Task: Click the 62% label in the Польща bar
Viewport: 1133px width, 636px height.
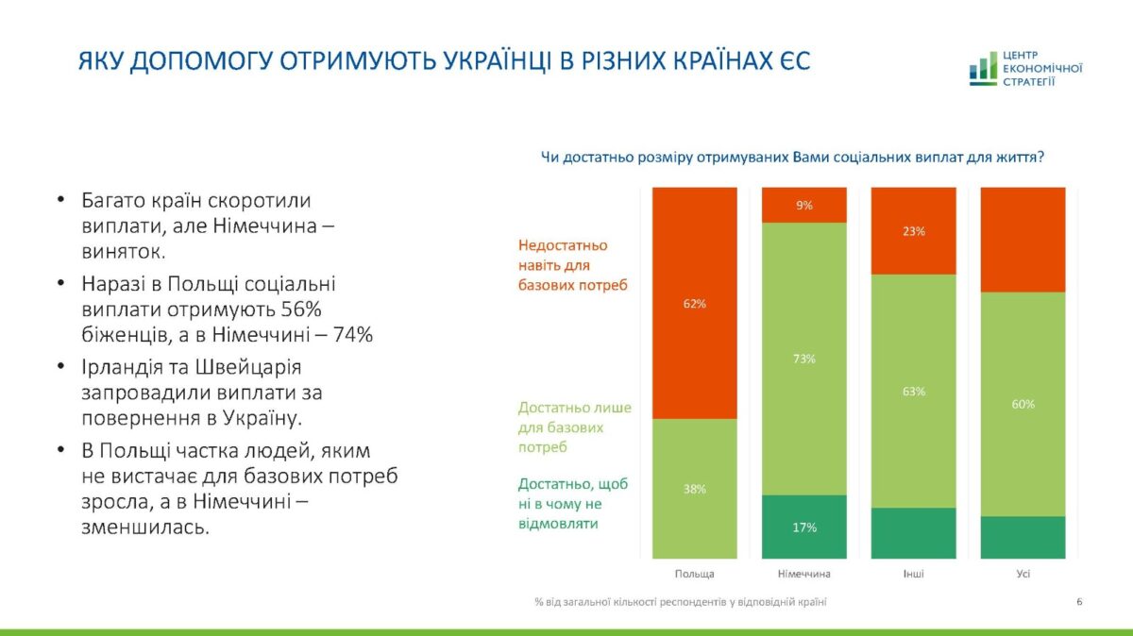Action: coord(694,304)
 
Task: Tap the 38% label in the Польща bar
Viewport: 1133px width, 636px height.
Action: coord(694,489)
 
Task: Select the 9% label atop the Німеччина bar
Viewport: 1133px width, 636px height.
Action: coord(804,205)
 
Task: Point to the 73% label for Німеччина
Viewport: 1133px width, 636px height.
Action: coord(804,359)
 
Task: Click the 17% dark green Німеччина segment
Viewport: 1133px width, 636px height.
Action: coord(804,527)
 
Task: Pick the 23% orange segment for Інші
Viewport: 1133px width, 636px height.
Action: coord(913,231)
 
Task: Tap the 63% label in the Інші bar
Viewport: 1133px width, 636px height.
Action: coord(913,391)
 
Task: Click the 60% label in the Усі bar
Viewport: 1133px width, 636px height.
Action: coord(1023,404)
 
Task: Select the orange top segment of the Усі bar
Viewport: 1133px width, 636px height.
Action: coord(1023,240)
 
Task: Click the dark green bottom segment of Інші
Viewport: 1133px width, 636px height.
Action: coord(913,533)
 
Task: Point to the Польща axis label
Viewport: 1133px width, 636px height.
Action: coord(694,574)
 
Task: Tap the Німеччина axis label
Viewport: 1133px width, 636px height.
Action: coord(804,574)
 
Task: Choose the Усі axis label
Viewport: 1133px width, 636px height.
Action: coord(1023,574)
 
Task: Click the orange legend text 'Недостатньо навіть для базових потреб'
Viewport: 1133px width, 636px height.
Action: coord(572,264)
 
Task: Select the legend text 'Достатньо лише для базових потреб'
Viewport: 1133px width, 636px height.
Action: coord(574,427)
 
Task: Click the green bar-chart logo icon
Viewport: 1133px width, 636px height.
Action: coord(982,69)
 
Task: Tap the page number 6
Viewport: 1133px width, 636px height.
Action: coord(1079,601)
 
